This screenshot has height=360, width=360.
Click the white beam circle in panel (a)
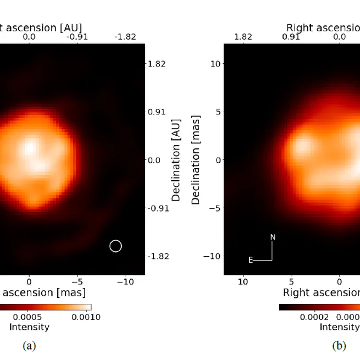click(x=115, y=246)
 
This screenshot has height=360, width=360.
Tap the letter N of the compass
click(x=273, y=237)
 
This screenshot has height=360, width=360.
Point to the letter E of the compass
click(x=251, y=260)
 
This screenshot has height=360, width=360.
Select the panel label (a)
click(x=29, y=346)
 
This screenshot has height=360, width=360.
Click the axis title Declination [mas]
click(x=196, y=160)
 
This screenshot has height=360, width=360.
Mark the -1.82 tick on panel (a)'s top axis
click(x=125, y=37)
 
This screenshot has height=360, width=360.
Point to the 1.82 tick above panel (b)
click(x=243, y=37)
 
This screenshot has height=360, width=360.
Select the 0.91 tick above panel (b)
click(x=291, y=37)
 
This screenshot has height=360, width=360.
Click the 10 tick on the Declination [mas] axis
click(x=216, y=64)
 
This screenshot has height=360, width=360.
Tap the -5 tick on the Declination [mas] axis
click(x=215, y=208)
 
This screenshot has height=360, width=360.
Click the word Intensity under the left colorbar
click(x=29, y=327)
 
